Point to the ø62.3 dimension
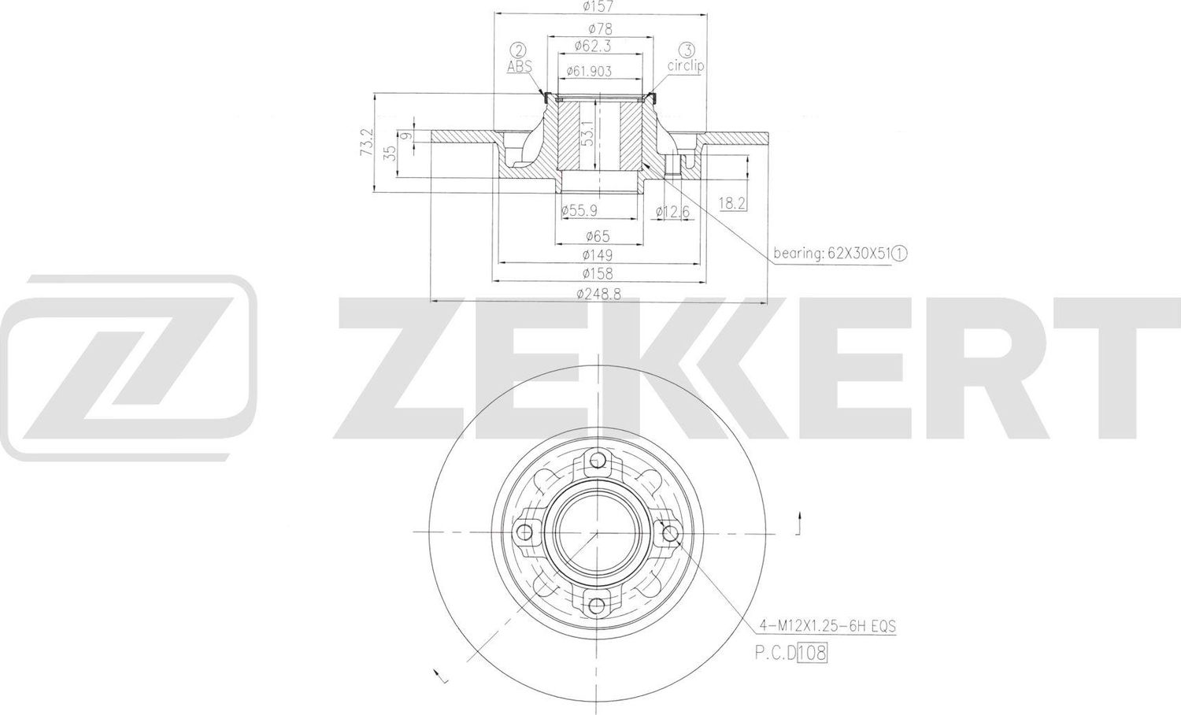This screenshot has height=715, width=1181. pos(598,46)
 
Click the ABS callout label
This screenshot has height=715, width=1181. pos(519,67)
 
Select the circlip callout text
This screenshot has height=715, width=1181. pos(685,66)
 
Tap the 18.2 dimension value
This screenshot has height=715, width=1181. pos(731,203)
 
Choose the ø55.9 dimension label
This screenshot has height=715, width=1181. pos(579,210)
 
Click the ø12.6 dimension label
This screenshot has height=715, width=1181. pos(673,210)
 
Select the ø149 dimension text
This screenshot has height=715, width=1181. pos(598,255)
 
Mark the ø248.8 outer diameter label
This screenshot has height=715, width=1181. pos(598,293)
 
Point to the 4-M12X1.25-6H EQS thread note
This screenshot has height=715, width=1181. pos(827,627)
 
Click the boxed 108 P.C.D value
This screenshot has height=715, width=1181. pos(813,652)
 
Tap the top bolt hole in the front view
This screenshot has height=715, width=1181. pos(598,461)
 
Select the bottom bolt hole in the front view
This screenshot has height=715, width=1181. pos(598,605)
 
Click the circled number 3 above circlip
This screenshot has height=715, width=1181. pos(686,50)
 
